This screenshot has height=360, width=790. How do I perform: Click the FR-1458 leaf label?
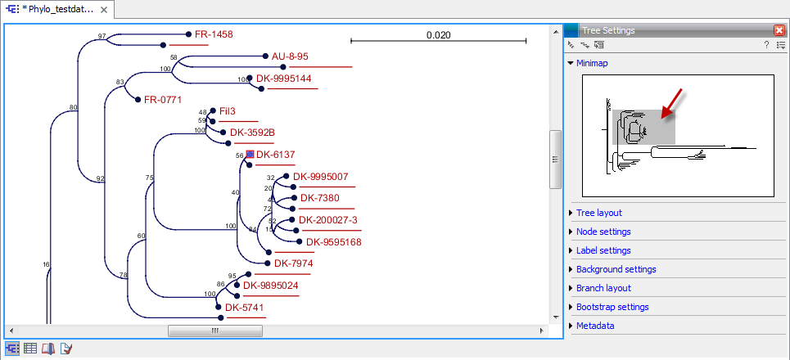pos(214,34)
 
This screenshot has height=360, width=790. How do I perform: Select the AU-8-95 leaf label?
pos(290,56)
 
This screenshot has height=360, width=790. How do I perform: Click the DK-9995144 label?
pos(283,79)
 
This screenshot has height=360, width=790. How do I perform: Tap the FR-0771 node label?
pos(162,100)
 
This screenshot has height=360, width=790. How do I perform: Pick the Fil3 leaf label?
pos(228,110)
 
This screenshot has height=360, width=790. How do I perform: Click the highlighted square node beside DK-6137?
pos(249,154)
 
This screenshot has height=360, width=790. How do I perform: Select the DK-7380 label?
pos(319,197)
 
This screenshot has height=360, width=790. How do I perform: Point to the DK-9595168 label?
pos(333,241)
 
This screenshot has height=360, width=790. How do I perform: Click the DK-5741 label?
pos(245,308)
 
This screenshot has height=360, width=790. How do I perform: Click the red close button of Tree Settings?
pos(779,30)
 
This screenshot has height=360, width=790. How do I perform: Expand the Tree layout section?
pos(598,213)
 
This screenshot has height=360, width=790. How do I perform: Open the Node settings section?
pos(603,232)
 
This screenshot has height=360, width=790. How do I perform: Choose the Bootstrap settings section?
pos(612,307)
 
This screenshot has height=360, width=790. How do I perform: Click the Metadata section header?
pos(595,326)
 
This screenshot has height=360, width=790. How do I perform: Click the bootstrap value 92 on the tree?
pos(100,178)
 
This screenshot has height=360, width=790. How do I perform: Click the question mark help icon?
pos(766,45)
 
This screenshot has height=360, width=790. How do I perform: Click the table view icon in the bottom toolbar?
pos(30,349)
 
